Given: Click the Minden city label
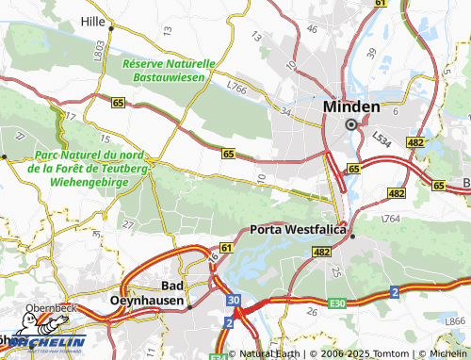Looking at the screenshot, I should (351, 106).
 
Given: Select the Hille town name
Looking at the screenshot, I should (93, 19).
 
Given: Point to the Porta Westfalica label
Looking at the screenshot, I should (300, 229).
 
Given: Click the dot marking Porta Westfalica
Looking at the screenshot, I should (352, 237).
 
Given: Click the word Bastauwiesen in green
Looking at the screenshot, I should (170, 75).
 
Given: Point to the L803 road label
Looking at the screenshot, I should (99, 51).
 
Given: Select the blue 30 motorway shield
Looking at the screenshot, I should (233, 301).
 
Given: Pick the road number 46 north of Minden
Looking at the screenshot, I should (312, 29).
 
